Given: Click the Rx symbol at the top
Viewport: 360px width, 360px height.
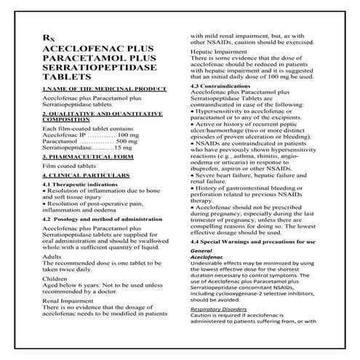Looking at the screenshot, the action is click(x=49, y=36).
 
